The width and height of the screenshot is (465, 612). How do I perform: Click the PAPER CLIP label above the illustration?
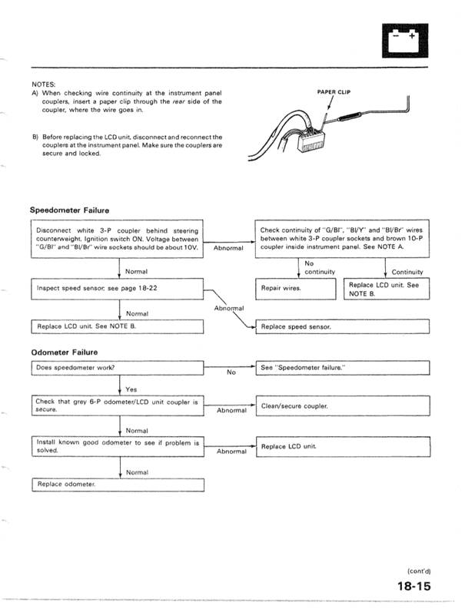click(x=334, y=91)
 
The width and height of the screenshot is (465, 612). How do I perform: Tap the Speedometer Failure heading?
click(x=69, y=210)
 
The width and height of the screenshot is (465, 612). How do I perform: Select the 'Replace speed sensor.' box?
click(x=342, y=326)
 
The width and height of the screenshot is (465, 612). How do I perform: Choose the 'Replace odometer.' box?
click(x=117, y=485)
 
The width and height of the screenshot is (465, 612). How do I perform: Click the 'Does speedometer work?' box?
click(x=117, y=368)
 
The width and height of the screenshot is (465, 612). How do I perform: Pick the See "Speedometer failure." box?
click(x=342, y=368)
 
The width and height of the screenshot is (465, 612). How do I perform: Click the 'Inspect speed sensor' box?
click(x=117, y=289)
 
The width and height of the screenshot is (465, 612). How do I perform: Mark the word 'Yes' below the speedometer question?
click(x=131, y=389)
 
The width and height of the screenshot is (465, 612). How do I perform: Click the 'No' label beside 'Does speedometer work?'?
click(x=231, y=372)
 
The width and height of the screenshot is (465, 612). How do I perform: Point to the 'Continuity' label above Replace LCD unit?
click(x=407, y=271)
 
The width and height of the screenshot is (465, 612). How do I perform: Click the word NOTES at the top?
click(x=42, y=84)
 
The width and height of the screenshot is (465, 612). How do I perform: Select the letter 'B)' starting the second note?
click(x=35, y=137)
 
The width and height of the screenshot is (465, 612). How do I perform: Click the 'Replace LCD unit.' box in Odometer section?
click(x=342, y=446)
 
